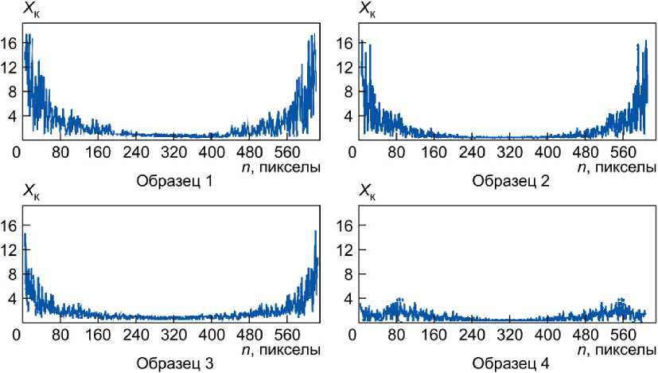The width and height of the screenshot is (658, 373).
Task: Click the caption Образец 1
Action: point(174,182)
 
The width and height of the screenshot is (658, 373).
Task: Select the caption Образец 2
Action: point(509,182)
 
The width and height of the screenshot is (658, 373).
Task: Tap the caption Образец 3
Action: point(174,364)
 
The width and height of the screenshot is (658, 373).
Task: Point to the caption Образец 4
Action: point(509,364)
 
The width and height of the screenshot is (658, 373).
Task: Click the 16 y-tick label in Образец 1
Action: point(8,43)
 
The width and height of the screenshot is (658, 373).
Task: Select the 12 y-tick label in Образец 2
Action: point(344,67)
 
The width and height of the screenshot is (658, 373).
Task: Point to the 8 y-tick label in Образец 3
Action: point(11,274)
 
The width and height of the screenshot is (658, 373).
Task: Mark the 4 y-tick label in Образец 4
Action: point(347,299)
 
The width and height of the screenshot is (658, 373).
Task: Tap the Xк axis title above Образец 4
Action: point(367,192)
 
